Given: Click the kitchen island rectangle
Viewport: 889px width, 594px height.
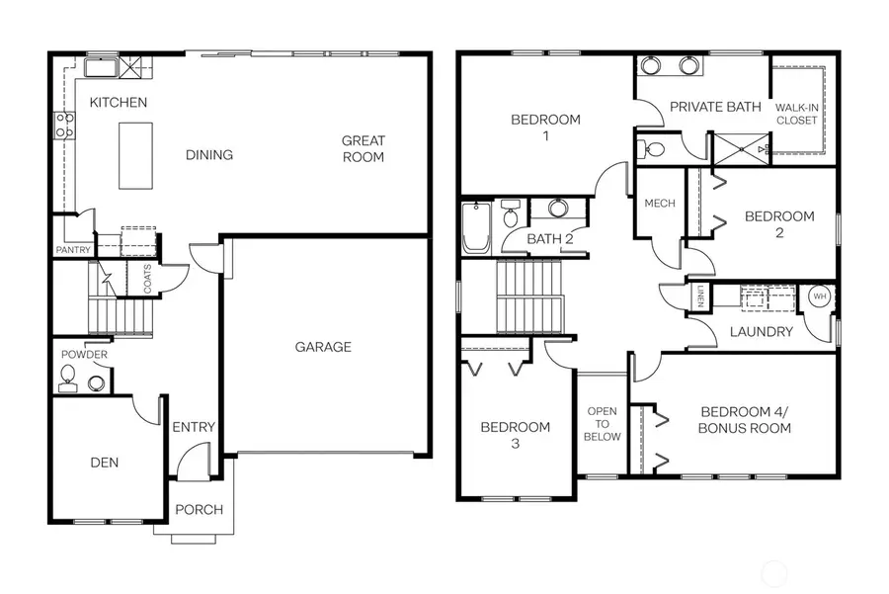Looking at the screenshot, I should (x=136, y=155).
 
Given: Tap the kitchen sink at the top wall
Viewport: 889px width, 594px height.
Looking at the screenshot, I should (x=101, y=67).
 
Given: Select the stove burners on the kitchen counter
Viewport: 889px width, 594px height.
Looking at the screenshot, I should (x=64, y=125).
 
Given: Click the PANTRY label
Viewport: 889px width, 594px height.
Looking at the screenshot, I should (x=73, y=250).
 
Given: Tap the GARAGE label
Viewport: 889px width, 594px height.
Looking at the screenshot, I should (x=323, y=347).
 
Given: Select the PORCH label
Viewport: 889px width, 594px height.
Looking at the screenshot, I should (x=200, y=510).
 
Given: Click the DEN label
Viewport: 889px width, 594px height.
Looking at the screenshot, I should (x=105, y=462).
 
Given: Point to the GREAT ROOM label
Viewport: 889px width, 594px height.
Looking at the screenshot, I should (x=364, y=148).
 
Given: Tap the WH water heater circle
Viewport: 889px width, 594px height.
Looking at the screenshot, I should (x=819, y=296).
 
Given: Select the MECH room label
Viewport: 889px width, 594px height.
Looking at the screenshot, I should (x=660, y=204).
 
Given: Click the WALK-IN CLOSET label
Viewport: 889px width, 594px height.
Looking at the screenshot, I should (x=796, y=113).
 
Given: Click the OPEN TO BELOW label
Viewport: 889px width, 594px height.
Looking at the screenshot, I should (x=603, y=423).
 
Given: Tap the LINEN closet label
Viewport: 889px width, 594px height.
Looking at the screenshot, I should (x=699, y=296).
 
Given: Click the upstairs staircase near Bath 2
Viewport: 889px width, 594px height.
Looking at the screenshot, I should (x=529, y=297).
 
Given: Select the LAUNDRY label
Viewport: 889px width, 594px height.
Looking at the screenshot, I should (x=761, y=332).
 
